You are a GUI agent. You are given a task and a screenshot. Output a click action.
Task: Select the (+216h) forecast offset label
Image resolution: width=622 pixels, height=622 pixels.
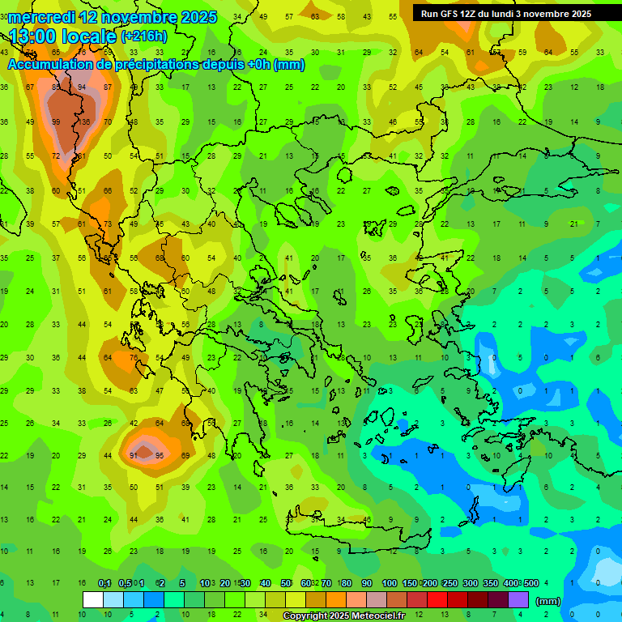pyautogui.click(x=144, y=36)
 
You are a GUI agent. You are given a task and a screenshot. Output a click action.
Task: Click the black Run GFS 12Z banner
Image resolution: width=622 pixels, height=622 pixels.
pyautogui.click(x=506, y=13)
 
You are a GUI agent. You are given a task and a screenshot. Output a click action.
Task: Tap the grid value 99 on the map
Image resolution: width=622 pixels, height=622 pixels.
pyautogui.click(x=56, y=122)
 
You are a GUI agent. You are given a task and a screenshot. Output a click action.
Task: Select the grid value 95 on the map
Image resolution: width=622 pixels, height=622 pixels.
pyautogui.click(x=160, y=456)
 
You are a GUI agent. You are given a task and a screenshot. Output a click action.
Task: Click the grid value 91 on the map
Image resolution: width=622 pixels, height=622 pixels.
pyautogui.click(x=134, y=456)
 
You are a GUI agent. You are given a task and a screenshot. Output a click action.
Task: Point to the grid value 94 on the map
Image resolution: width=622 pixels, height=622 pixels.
pyautogui.click(x=82, y=87)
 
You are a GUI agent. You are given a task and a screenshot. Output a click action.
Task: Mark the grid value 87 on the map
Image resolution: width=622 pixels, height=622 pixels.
pyautogui.click(x=108, y=87)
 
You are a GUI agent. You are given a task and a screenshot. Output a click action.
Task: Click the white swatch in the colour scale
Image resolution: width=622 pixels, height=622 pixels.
pyautogui.click(x=93, y=600)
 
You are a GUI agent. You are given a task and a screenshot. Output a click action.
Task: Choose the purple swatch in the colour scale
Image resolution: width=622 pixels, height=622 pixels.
pyautogui.click(x=518, y=600)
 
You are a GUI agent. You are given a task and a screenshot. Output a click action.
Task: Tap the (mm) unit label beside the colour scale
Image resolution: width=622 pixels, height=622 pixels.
pyautogui.click(x=548, y=601)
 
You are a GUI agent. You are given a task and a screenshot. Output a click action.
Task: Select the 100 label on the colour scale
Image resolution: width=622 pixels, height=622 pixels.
pyautogui.click(x=389, y=584)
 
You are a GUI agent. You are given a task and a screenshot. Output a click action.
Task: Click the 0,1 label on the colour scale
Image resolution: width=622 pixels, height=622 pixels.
pyautogui.click(x=104, y=584)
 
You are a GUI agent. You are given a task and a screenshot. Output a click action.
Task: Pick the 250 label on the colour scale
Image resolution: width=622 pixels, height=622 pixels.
pyautogui.click(x=449, y=584)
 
